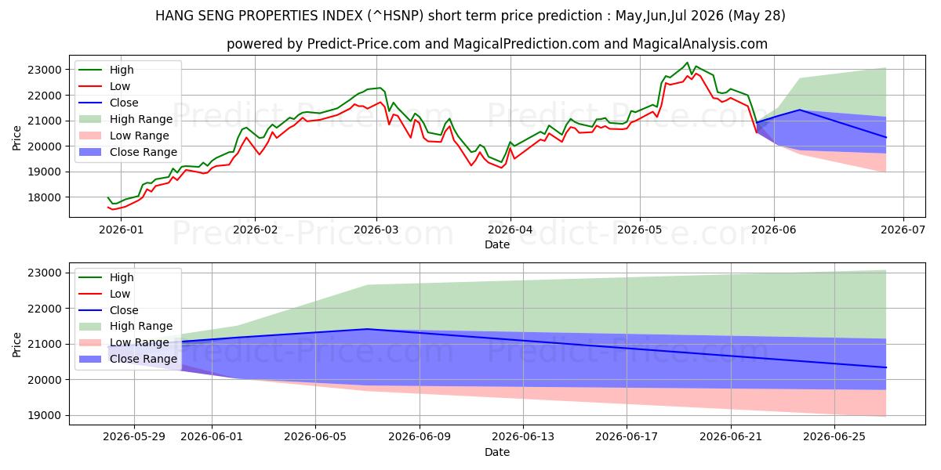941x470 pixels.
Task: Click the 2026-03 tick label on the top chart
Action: coord(376,230)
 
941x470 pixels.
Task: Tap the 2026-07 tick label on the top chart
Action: coord(903,230)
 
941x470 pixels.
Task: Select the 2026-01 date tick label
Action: coord(121,230)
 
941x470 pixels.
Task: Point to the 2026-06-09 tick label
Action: coord(420,437)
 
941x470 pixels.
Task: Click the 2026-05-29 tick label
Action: coord(134,437)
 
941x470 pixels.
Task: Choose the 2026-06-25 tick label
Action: coord(834,437)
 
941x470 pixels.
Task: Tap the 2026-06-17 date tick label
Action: coord(627,437)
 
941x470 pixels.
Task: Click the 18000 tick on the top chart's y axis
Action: coord(45,197)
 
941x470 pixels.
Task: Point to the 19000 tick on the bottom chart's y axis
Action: coord(45,416)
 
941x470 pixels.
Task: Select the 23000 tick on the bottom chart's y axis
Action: coord(45,273)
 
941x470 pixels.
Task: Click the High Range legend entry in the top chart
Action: coord(126,119)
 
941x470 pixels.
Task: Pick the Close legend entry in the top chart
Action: coord(109,103)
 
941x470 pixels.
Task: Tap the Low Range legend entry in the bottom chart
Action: coord(124,343)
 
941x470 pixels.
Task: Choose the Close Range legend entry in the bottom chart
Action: coord(128,360)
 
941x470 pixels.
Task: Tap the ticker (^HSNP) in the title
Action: coord(395,16)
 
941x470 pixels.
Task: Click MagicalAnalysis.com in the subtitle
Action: coord(699,44)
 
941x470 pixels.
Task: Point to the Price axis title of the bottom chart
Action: coord(16,345)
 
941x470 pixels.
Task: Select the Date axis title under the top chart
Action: coord(497,244)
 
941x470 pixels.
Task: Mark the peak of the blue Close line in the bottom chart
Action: coord(367,329)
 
